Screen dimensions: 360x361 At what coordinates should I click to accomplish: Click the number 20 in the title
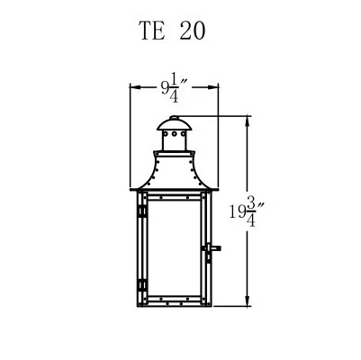pos(192,31)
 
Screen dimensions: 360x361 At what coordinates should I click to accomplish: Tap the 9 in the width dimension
pos(165,87)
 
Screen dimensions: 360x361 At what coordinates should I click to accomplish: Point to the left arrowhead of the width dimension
pos(134,88)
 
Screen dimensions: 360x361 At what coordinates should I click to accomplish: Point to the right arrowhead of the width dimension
pos(216,88)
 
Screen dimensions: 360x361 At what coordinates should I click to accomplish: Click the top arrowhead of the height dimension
pos(249,119)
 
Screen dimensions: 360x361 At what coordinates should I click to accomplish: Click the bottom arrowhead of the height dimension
pos(249,301)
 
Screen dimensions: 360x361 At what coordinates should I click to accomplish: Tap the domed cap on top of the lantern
pos(176,124)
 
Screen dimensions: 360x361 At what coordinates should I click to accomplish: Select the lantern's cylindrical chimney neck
pos(176,141)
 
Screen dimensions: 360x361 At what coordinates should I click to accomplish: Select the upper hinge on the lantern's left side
pos(141,211)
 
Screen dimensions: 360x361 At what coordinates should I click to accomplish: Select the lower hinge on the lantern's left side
pos(141,285)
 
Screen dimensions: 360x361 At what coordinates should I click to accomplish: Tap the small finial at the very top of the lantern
pos(176,116)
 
